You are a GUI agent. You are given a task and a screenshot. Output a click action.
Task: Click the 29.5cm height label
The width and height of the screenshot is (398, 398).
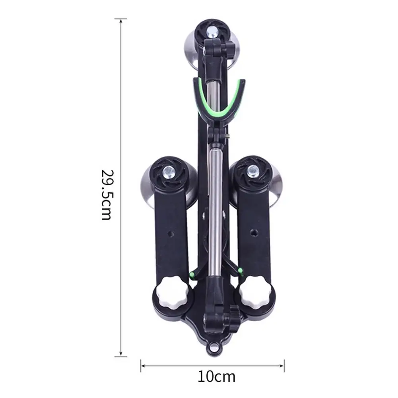[106, 195]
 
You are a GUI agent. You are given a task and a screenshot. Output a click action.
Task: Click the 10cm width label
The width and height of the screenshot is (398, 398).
[217, 377]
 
